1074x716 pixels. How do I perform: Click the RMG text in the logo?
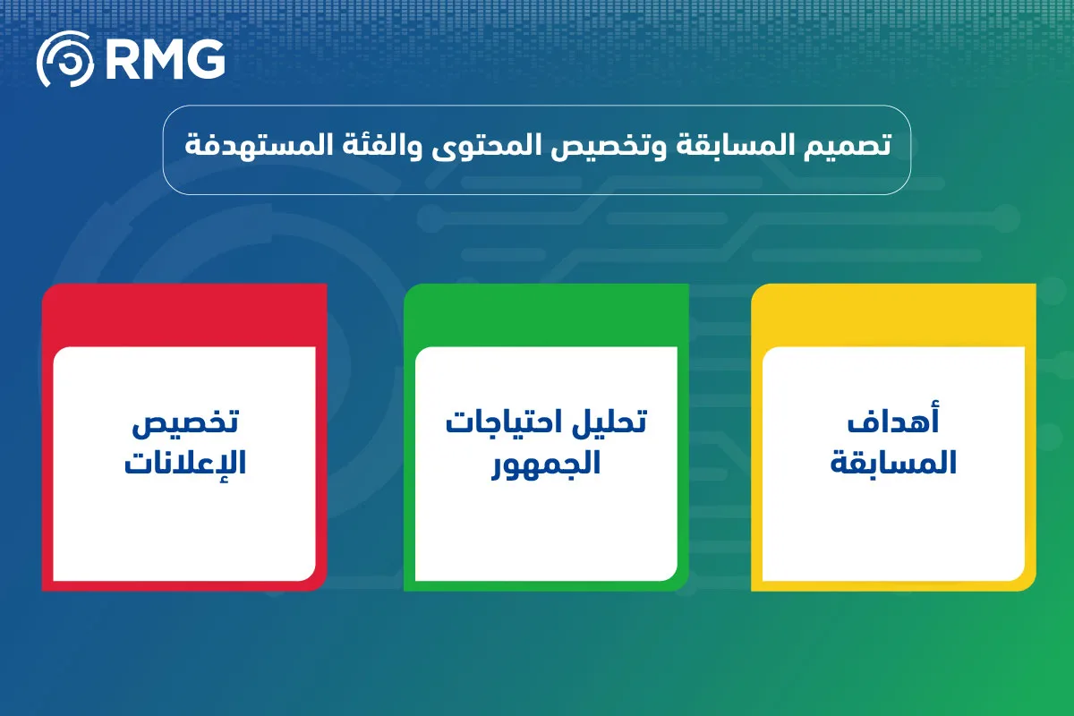click(x=165, y=58)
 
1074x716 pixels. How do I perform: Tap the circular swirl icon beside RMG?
click(x=65, y=58)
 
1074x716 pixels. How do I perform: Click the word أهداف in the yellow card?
click(x=893, y=419)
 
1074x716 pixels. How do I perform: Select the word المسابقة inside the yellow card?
click(x=893, y=462)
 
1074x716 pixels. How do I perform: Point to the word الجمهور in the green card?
click(x=546, y=464)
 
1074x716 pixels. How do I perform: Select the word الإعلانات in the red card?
click(x=185, y=462)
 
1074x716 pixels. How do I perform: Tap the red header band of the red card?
click(x=184, y=315)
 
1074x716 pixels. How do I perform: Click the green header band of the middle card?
click(x=546, y=315)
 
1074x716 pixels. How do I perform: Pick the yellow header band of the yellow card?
click(x=893, y=315)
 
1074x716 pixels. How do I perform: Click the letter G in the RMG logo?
click(x=206, y=58)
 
